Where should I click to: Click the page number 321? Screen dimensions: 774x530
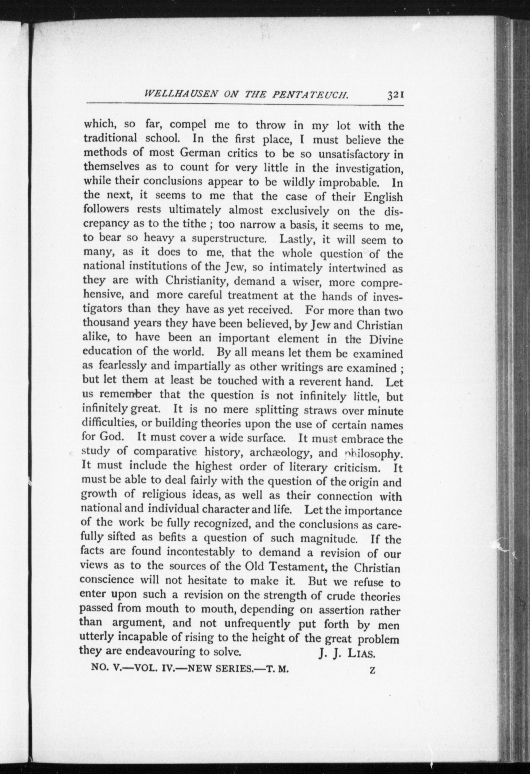[395, 95]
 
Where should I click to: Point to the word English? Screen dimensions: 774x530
[383, 197]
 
